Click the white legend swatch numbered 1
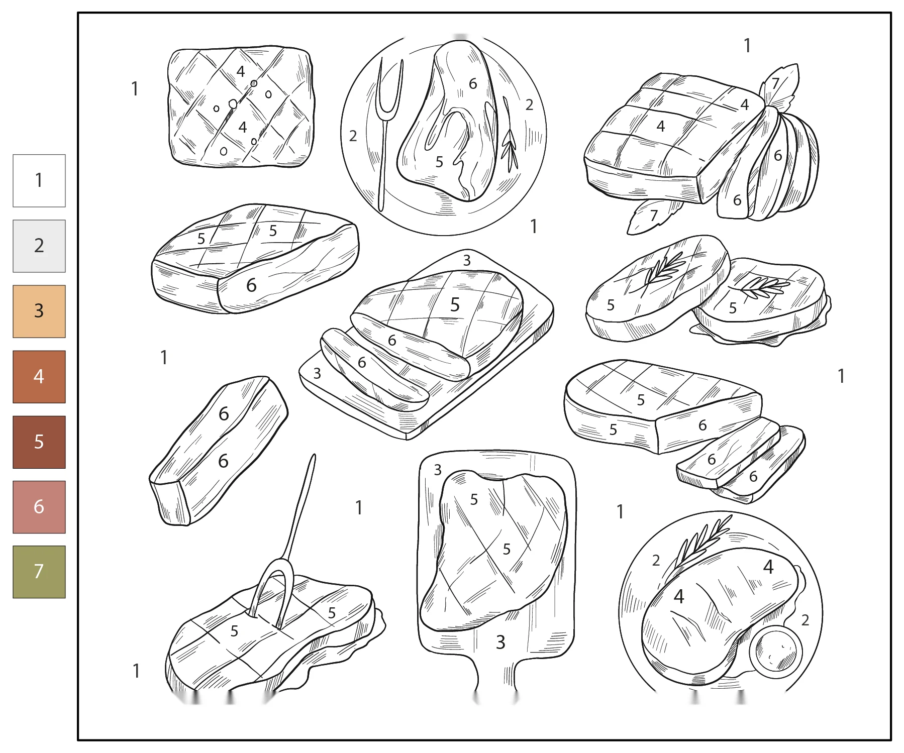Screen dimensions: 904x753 tap(39, 181)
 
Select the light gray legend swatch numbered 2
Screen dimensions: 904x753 tap(39, 246)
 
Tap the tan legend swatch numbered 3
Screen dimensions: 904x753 tap(39, 311)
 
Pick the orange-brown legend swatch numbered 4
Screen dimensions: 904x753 tap(39, 377)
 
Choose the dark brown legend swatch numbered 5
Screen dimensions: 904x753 tap(39, 442)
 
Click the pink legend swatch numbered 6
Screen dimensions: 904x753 tap(39, 507)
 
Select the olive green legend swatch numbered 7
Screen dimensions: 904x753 tap(39, 572)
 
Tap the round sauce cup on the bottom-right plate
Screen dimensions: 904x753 tap(775, 652)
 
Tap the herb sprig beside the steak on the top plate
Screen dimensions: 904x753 tap(510, 135)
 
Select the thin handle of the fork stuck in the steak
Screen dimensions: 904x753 tap(300, 507)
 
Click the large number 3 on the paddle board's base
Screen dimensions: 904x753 tap(500, 642)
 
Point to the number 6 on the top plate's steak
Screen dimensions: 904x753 tap(473, 83)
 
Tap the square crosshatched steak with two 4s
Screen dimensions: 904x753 tap(241, 107)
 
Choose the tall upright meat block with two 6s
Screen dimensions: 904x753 tap(219, 451)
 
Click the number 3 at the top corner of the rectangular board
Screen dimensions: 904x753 tap(467, 260)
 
